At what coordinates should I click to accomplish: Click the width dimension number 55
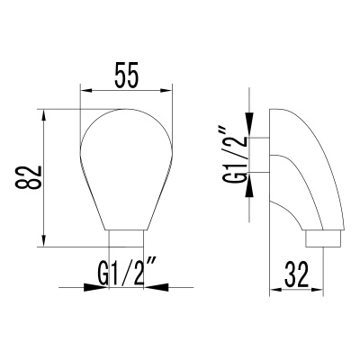coord(127,76)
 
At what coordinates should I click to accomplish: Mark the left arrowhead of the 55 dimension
coord(85,90)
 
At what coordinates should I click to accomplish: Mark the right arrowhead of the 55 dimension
coord(167,90)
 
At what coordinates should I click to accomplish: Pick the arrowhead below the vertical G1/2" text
coord(251,202)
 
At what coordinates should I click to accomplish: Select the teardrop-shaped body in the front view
coord(126,162)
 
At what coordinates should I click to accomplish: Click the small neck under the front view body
coord(126,237)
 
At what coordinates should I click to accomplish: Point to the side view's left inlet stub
coord(259,155)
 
